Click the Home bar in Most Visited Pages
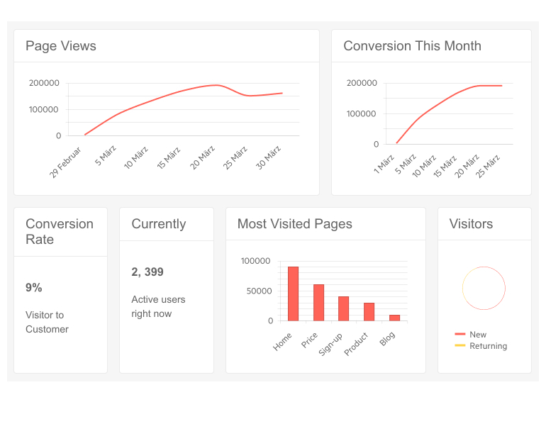coord(293,294)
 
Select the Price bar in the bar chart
coord(318,303)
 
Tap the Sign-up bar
coord(343,308)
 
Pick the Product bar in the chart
coord(369,312)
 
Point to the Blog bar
coord(394,318)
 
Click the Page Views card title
coord(61,46)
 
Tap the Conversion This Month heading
coord(412,46)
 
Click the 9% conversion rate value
coord(34,288)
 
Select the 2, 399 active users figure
coord(147,272)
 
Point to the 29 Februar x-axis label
coord(66,162)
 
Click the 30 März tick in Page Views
coord(269,157)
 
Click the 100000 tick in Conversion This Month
coord(362,114)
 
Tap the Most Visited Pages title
coord(294,224)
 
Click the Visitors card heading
coord(471,224)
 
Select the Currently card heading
coord(158,224)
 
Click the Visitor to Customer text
coord(47,322)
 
